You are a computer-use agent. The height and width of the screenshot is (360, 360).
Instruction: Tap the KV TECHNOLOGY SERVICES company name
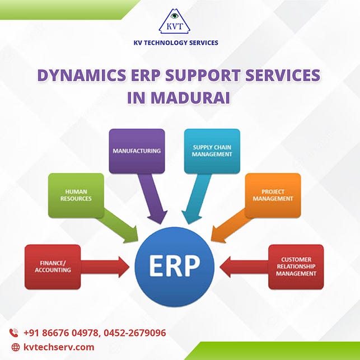coord(180,43)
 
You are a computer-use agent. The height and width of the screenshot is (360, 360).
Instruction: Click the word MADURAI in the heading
coord(179,97)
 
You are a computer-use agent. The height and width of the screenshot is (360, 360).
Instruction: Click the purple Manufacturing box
coord(137,151)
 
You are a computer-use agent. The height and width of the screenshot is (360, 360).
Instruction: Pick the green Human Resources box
coord(76,194)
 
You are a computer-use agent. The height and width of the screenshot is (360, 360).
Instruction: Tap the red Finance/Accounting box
coord(53,267)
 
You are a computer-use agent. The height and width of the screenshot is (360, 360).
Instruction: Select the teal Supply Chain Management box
coord(212,151)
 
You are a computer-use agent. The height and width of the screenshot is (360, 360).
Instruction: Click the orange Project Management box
coord(273,194)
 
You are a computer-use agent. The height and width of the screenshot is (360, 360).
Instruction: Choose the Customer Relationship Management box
coord(296,267)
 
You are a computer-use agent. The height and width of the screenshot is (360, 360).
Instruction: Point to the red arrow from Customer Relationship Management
coord(244,267)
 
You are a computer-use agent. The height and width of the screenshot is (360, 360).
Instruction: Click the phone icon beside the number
coord(15,333)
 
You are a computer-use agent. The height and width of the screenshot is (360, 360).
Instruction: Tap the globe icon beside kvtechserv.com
coord(15,347)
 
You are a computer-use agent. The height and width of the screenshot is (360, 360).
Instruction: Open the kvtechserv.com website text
coord(59,347)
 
